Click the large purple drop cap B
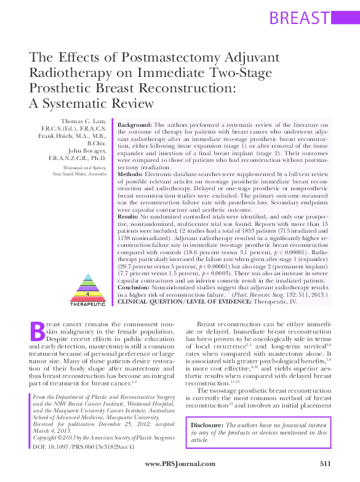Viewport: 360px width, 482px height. pyautogui.click(x=38, y=331)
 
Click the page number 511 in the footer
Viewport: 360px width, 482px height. pyautogui.click(x=326, y=463)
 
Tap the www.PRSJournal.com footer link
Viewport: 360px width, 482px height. pyautogui.click(x=180, y=463)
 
